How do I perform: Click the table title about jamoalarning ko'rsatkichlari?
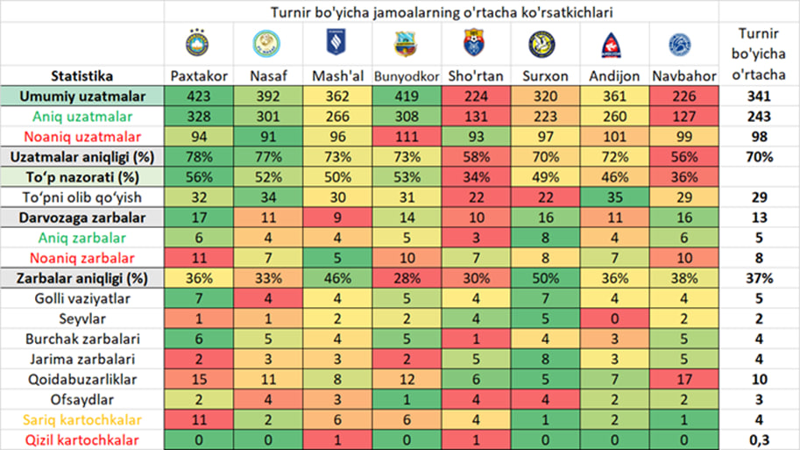coord(442,12)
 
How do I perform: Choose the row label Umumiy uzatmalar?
coord(83,96)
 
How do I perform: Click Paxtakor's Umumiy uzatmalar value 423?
coord(200,96)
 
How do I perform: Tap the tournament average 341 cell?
coord(759,96)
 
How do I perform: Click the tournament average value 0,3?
coord(759,439)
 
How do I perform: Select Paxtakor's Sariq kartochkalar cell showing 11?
coord(200,420)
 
